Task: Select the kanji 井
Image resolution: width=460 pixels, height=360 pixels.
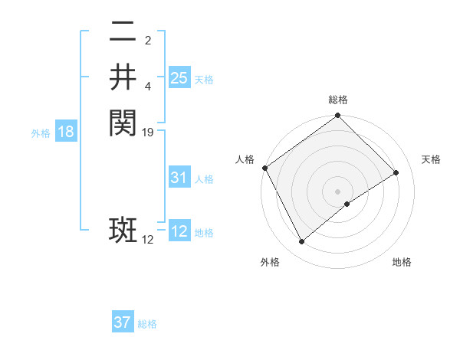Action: click(123, 77)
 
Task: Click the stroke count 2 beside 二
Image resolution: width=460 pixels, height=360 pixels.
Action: click(148, 41)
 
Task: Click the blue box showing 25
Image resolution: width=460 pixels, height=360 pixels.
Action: click(179, 77)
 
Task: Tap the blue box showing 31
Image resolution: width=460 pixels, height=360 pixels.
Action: click(179, 178)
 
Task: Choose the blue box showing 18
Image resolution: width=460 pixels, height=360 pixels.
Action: click(66, 132)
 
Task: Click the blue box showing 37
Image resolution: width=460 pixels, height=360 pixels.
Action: click(123, 322)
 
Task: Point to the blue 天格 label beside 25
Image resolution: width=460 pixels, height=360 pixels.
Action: click(204, 80)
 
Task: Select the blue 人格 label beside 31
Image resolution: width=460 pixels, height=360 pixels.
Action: click(204, 180)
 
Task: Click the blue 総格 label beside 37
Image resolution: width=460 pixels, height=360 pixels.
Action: click(147, 325)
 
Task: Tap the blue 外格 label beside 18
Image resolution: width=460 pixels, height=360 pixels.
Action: click(41, 133)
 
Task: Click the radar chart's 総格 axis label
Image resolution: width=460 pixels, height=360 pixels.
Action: click(338, 100)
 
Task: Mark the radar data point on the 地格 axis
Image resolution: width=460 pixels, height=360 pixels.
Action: click(347, 204)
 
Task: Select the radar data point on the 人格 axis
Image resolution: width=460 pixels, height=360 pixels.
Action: click(264, 168)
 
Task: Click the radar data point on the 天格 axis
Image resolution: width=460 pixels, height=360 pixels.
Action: click(396, 172)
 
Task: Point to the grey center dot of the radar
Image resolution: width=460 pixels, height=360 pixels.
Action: click(338, 191)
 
